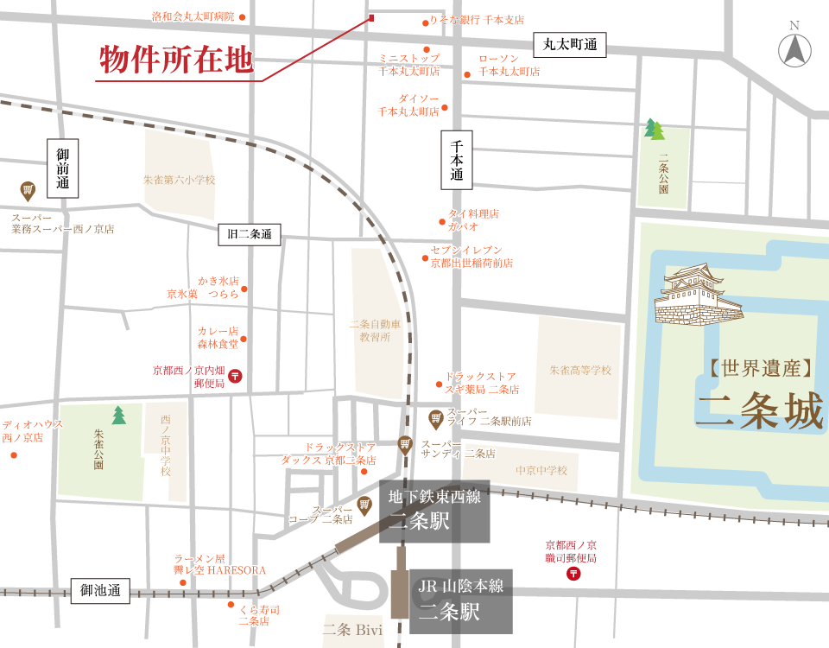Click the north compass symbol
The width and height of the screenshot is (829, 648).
pyautogui.click(x=794, y=51)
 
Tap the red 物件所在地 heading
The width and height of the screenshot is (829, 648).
pyautogui.click(x=175, y=60)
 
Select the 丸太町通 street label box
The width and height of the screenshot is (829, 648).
pyautogui.click(x=570, y=44)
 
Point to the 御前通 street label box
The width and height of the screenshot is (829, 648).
pyautogui.click(x=63, y=168)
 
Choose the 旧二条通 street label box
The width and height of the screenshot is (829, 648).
pyautogui.click(x=250, y=234)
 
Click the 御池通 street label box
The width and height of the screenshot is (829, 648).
pyautogui.click(x=99, y=591)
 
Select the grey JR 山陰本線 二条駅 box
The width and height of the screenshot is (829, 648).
pyautogui.click(x=461, y=600)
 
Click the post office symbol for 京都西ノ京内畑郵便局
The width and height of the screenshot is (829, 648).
pyautogui.click(x=236, y=376)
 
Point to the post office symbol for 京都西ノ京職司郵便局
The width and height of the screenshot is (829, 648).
pyautogui.click(x=574, y=573)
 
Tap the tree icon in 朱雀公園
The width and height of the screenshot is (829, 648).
pyautogui.click(x=118, y=416)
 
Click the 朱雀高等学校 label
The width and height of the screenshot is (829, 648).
pyautogui.click(x=580, y=370)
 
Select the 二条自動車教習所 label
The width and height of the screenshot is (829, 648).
pyautogui.click(x=377, y=330)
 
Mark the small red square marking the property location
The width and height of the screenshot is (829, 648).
pyautogui.click(x=371, y=17)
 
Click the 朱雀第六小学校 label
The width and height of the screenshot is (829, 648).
pyautogui.click(x=179, y=180)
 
